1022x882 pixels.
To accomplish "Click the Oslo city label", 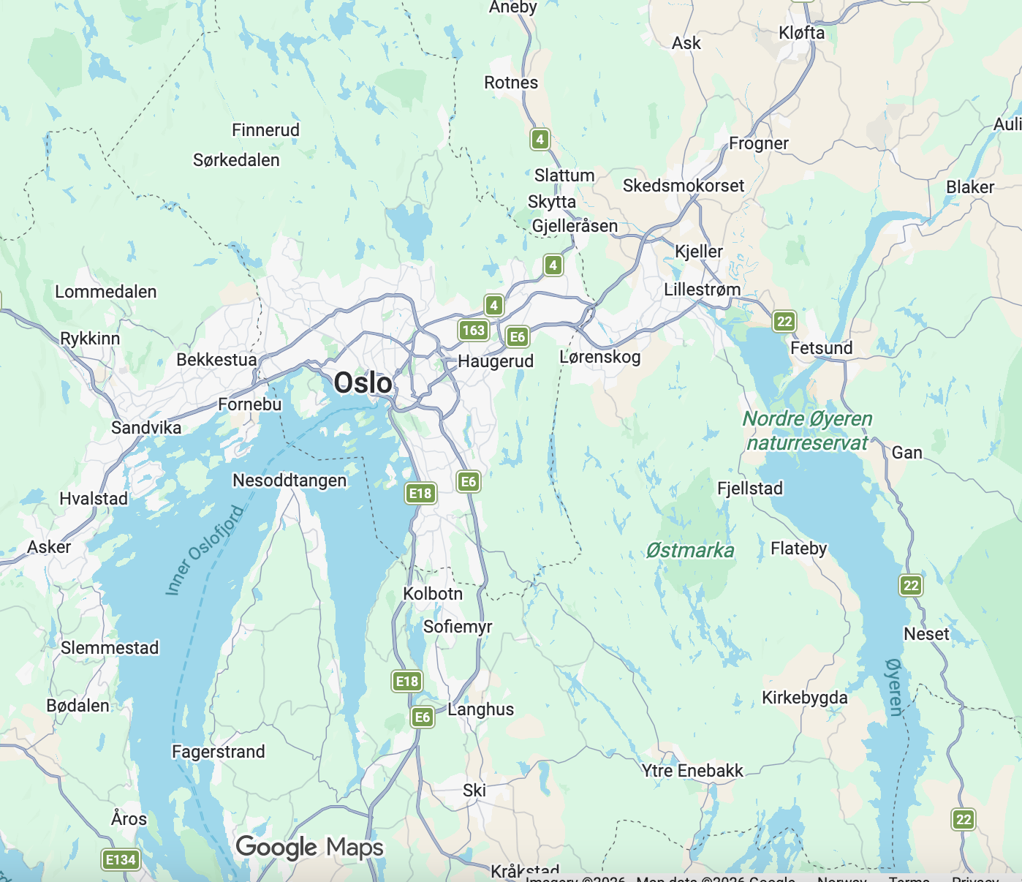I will pos(363,383).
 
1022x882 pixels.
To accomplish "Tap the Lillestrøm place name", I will pos(702,290).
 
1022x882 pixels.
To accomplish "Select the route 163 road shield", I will pos(474,330).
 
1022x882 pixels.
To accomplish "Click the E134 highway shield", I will pos(121,859).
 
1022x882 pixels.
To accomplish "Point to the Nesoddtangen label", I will pos(289,480).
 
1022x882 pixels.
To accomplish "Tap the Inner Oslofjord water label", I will pos(204,550).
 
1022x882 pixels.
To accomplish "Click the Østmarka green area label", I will pos(689,551).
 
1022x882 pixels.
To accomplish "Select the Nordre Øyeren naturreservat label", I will pos(807,431).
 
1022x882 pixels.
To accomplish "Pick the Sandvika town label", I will pos(146,428).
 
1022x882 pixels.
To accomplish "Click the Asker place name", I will pos(49,547).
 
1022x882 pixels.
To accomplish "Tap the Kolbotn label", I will pos(433,594).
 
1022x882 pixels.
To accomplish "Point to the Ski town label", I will pos(474,791).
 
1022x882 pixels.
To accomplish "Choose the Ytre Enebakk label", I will pos(692,771).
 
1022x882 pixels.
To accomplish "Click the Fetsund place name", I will pos(821,348).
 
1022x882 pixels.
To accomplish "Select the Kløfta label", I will pos(801,33).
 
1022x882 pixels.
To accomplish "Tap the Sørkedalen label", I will pos(236,160).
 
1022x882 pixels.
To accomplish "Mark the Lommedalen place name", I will pos(106,292).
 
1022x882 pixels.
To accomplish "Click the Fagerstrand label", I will pos(218,752).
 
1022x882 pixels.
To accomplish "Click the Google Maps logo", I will pos(309,848).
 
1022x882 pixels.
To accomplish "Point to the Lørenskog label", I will pos(599,357).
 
